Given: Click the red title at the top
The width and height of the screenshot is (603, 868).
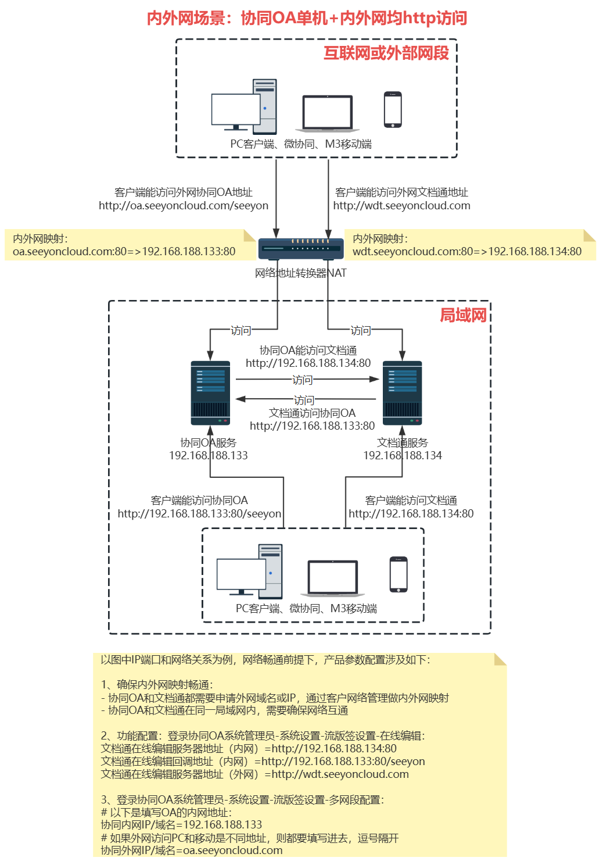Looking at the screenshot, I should coord(307,18).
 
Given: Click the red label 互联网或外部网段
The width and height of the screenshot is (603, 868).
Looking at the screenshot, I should coord(386,53).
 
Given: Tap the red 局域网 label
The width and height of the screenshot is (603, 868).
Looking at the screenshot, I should coord(463,315).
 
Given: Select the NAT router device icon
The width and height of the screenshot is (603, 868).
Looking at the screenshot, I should coord(301,248).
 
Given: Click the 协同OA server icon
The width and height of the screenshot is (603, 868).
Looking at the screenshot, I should coord(210,393).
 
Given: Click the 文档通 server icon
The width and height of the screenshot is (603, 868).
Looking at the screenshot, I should coord(402,393).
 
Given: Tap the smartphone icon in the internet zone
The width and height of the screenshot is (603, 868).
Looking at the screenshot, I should coord(393,109).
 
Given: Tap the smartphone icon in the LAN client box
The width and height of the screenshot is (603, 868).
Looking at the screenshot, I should coord(399,574).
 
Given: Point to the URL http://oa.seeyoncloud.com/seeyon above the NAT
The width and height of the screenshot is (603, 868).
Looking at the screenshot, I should coord(184,206).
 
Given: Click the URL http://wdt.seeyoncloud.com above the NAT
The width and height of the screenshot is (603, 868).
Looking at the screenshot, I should coord(401,206).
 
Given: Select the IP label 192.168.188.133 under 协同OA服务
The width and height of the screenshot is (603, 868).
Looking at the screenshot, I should coord(208,455).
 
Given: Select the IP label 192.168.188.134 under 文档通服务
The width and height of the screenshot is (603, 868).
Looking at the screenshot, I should coord(403,455).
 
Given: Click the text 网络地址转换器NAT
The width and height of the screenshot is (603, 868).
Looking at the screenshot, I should coord(300,273).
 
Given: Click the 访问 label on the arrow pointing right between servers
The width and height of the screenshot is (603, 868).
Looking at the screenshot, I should coord(302,380).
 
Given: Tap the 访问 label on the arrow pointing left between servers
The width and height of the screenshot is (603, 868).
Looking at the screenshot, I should coord(304,400).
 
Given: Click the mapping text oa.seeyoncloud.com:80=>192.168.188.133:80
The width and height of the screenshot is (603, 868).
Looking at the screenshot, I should coord(124,252).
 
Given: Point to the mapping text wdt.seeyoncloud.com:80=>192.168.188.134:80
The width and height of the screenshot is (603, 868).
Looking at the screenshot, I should coord(466,252).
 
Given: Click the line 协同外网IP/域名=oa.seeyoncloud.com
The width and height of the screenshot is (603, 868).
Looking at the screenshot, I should coord(192,851).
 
